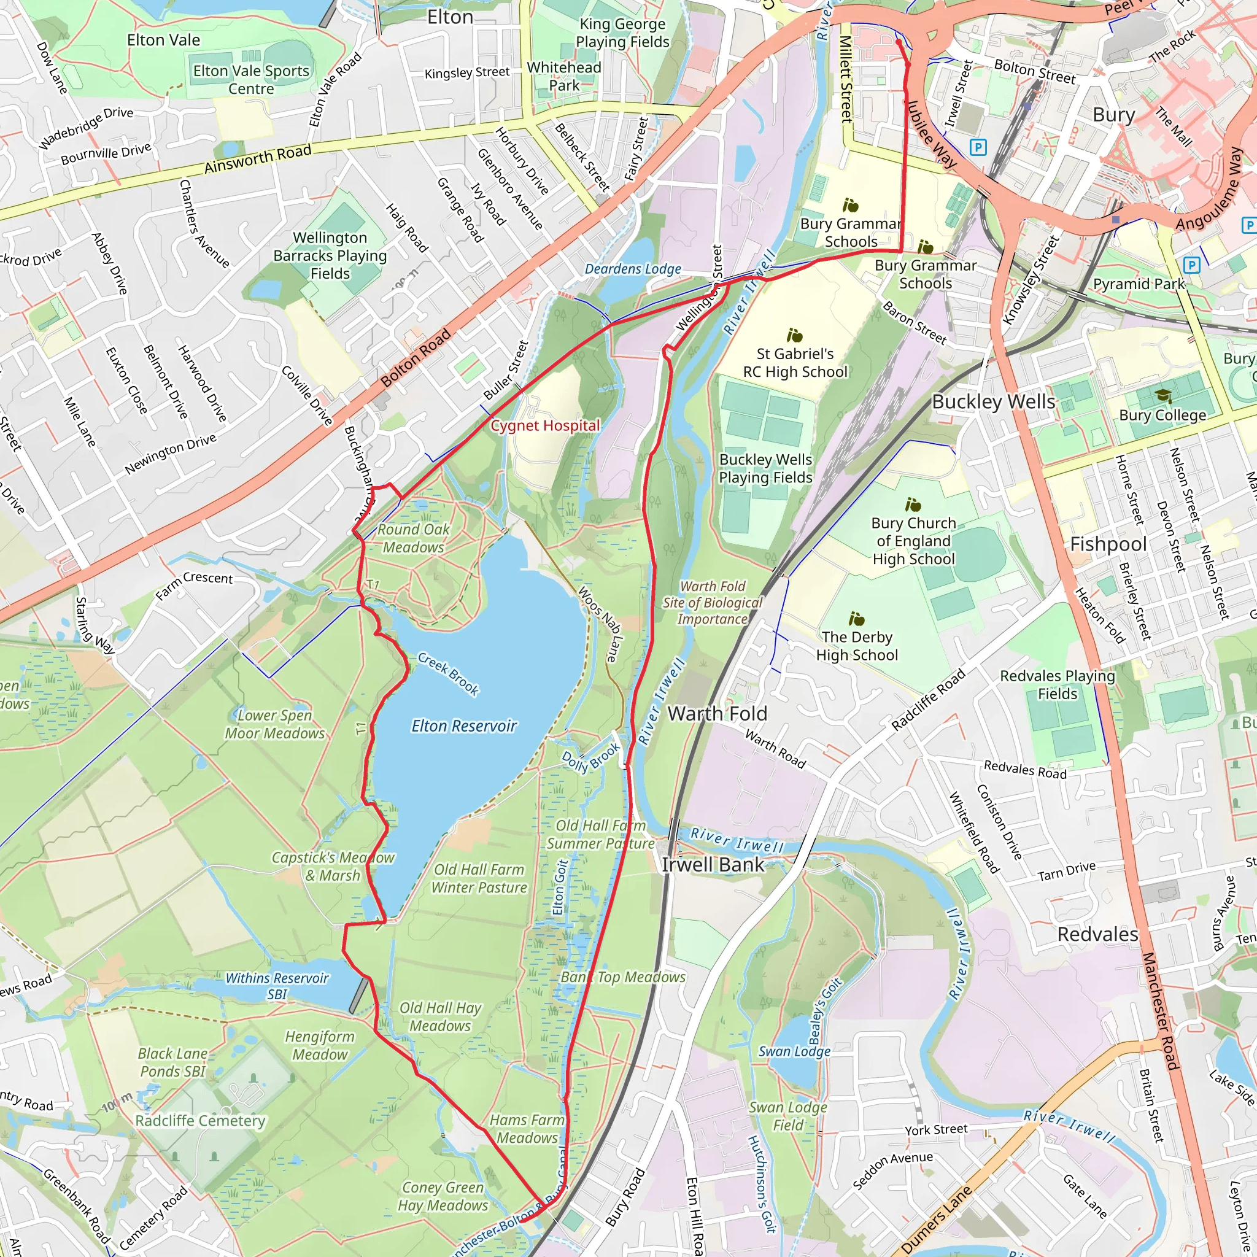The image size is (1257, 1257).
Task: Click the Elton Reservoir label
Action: pyautogui.click(x=464, y=726)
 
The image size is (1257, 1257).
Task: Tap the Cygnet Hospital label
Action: pyautogui.click(x=545, y=425)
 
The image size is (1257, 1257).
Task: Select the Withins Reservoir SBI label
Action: pyautogui.click(x=277, y=986)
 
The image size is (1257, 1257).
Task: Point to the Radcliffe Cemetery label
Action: pyautogui.click(x=200, y=1120)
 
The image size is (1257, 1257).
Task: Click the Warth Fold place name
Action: pyautogui.click(x=717, y=714)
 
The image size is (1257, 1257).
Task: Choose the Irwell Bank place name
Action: pyautogui.click(x=713, y=865)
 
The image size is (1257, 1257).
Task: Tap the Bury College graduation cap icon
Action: pyautogui.click(x=1162, y=396)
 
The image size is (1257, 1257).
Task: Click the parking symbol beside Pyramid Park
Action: pyautogui.click(x=1191, y=265)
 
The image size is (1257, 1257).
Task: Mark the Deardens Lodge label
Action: pyautogui.click(x=632, y=269)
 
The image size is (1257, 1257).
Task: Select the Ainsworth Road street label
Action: pyautogui.click(x=258, y=159)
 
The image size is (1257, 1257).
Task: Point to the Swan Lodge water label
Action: pyautogui.click(x=794, y=1051)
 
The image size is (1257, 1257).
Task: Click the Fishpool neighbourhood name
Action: pyautogui.click(x=1108, y=544)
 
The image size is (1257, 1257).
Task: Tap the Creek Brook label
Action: pyautogui.click(x=448, y=675)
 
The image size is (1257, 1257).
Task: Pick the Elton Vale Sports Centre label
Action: pyautogui.click(x=251, y=79)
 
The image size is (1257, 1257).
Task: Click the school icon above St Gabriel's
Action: pyautogui.click(x=794, y=336)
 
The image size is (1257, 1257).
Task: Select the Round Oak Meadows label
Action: pyautogui.click(x=414, y=538)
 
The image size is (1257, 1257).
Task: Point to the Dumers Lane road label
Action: pyautogui.click(x=937, y=1220)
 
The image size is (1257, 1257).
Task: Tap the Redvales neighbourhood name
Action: pyautogui.click(x=1097, y=934)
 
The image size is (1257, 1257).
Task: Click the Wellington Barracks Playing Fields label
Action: pyautogui.click(x=330, y=256)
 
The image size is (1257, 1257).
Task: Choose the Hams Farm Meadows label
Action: pyautogui.click(x=527, y=1129)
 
